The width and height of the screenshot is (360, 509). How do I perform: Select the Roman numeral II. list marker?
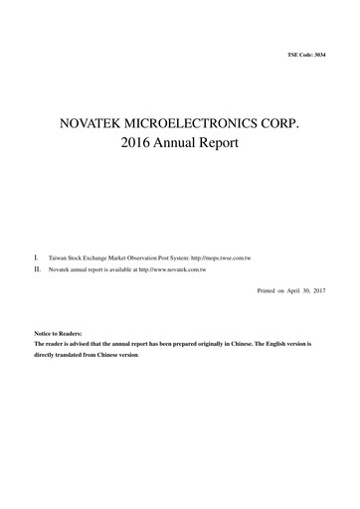click(x=39, y=269)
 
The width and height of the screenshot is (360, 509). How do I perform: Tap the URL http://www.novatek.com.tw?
click(x=172, y=269)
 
